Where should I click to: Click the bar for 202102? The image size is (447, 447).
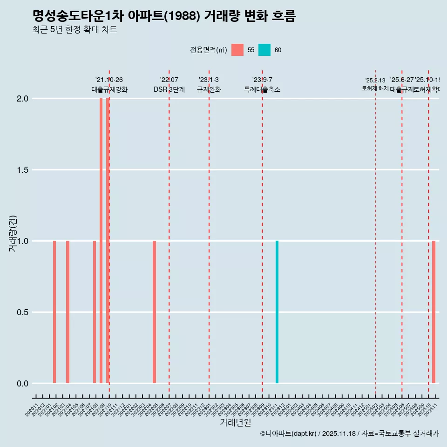pyautogui.click(x=54, y=312)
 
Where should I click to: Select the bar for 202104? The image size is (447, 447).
pyautogui.click(x=68, y=312)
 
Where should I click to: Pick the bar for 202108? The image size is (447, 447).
pyautogui.click(x=95, y=312)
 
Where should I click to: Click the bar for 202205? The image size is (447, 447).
pyautogui.click(x=154, y=312)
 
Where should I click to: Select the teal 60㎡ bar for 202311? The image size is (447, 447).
pyautogui.click(x=277, y=312)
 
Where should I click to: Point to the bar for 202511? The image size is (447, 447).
pyautogui.click(x=433, y=312)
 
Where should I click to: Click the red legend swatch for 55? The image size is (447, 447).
pyautogui.click(x=237, y=50)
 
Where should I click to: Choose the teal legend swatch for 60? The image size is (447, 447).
pyautogui.click(x=264, y=50)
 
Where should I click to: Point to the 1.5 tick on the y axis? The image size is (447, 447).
pyautogui.click(x=22, y=170)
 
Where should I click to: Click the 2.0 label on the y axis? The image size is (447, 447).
pyautogui.click(x=22, y=99)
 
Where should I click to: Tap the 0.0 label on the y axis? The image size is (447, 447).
pyautogui.click(x=22, y=384)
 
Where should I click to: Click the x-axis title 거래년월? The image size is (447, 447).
pyautogui.click(x=235, y=423)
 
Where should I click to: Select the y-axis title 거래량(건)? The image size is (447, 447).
pyautogui.click(x=13, y=233)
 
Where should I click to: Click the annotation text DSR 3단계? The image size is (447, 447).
pyautogui.click(x=169, y=89)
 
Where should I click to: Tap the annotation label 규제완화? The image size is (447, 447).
pyautogui.click(x=209, y=89)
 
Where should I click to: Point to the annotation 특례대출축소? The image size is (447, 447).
pyautogui.click(x=262, y=89)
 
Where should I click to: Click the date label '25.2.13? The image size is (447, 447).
pyautogui.click(x=375, y=81)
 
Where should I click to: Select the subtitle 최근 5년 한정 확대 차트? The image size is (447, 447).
pyautogui.click(x=74, y=30)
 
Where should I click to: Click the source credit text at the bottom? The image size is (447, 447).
pyautogui.click(x=349, y=433)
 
